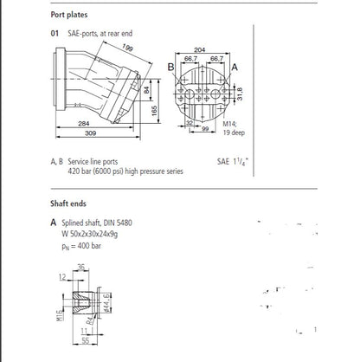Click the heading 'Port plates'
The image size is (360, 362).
pos(72,13)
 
